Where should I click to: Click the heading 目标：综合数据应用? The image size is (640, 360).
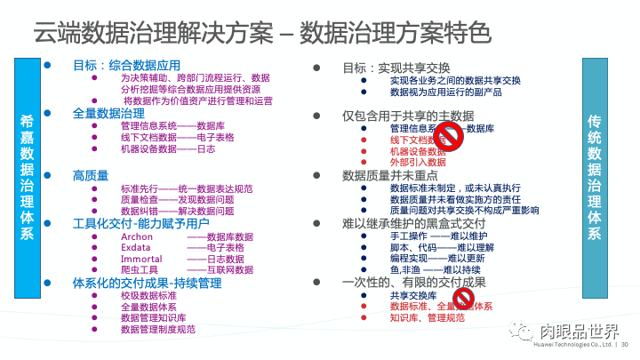[126, 66]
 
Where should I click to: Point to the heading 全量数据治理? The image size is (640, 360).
[108, 114]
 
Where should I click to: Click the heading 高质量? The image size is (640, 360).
[91, 175]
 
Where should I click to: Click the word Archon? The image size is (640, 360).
[137, 237]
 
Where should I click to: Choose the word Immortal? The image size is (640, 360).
[141, 258]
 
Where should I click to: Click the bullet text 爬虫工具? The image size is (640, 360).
[139, 269]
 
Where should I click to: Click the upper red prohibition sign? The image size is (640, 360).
[450, 136]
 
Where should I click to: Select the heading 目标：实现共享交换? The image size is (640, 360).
[396, 68]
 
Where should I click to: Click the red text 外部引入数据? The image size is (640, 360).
[418, 163]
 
